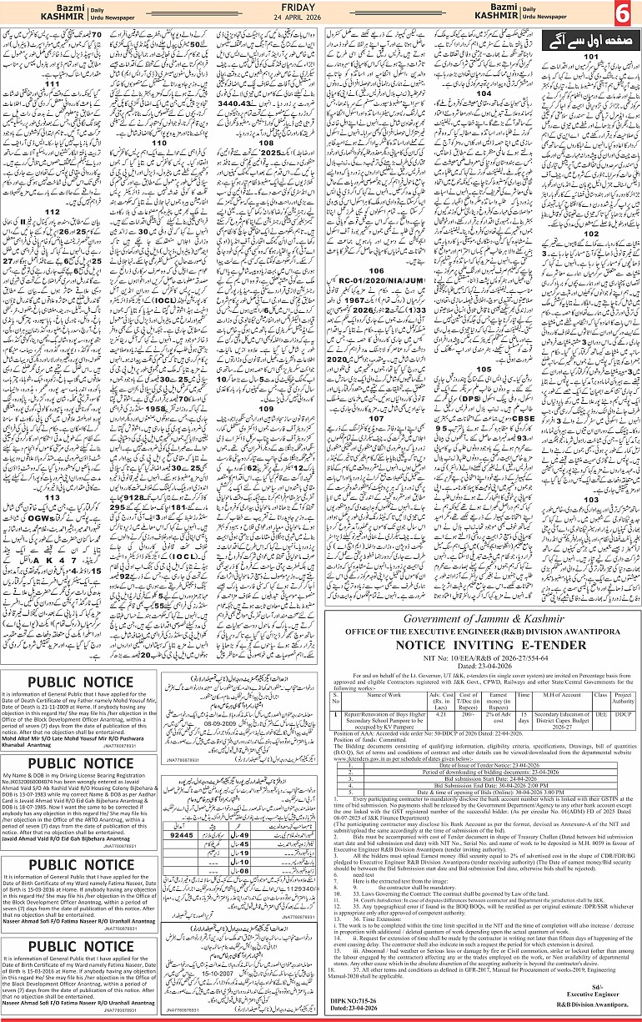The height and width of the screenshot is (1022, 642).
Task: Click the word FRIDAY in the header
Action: [x=321, y=8]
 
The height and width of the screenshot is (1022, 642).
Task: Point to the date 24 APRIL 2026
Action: [x=321, y=19]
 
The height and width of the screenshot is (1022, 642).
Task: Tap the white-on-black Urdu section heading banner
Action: [x=582, y=40]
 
